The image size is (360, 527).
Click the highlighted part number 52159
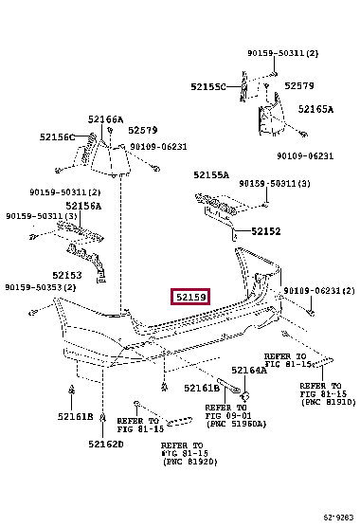point(190,298)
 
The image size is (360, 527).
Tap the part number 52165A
point(315,109)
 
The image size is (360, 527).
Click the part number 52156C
point(57,136)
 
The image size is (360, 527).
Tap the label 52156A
point(83,205)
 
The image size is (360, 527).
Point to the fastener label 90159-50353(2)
point(42,287)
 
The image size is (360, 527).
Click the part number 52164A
point(249,371)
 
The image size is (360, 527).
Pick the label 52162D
point(106,443)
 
